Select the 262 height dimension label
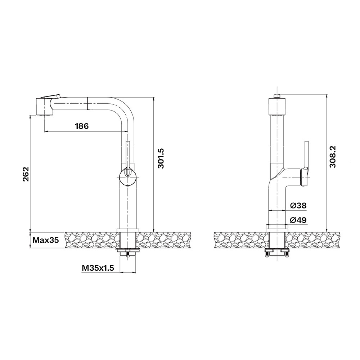[26, 174]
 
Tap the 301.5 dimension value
[161, 158]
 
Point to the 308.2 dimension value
[333, 156]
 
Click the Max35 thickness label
[46, 240]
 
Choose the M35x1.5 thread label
[98, 268]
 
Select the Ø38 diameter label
[298, 206]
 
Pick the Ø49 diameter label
[298, 220]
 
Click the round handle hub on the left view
[128, 176]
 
